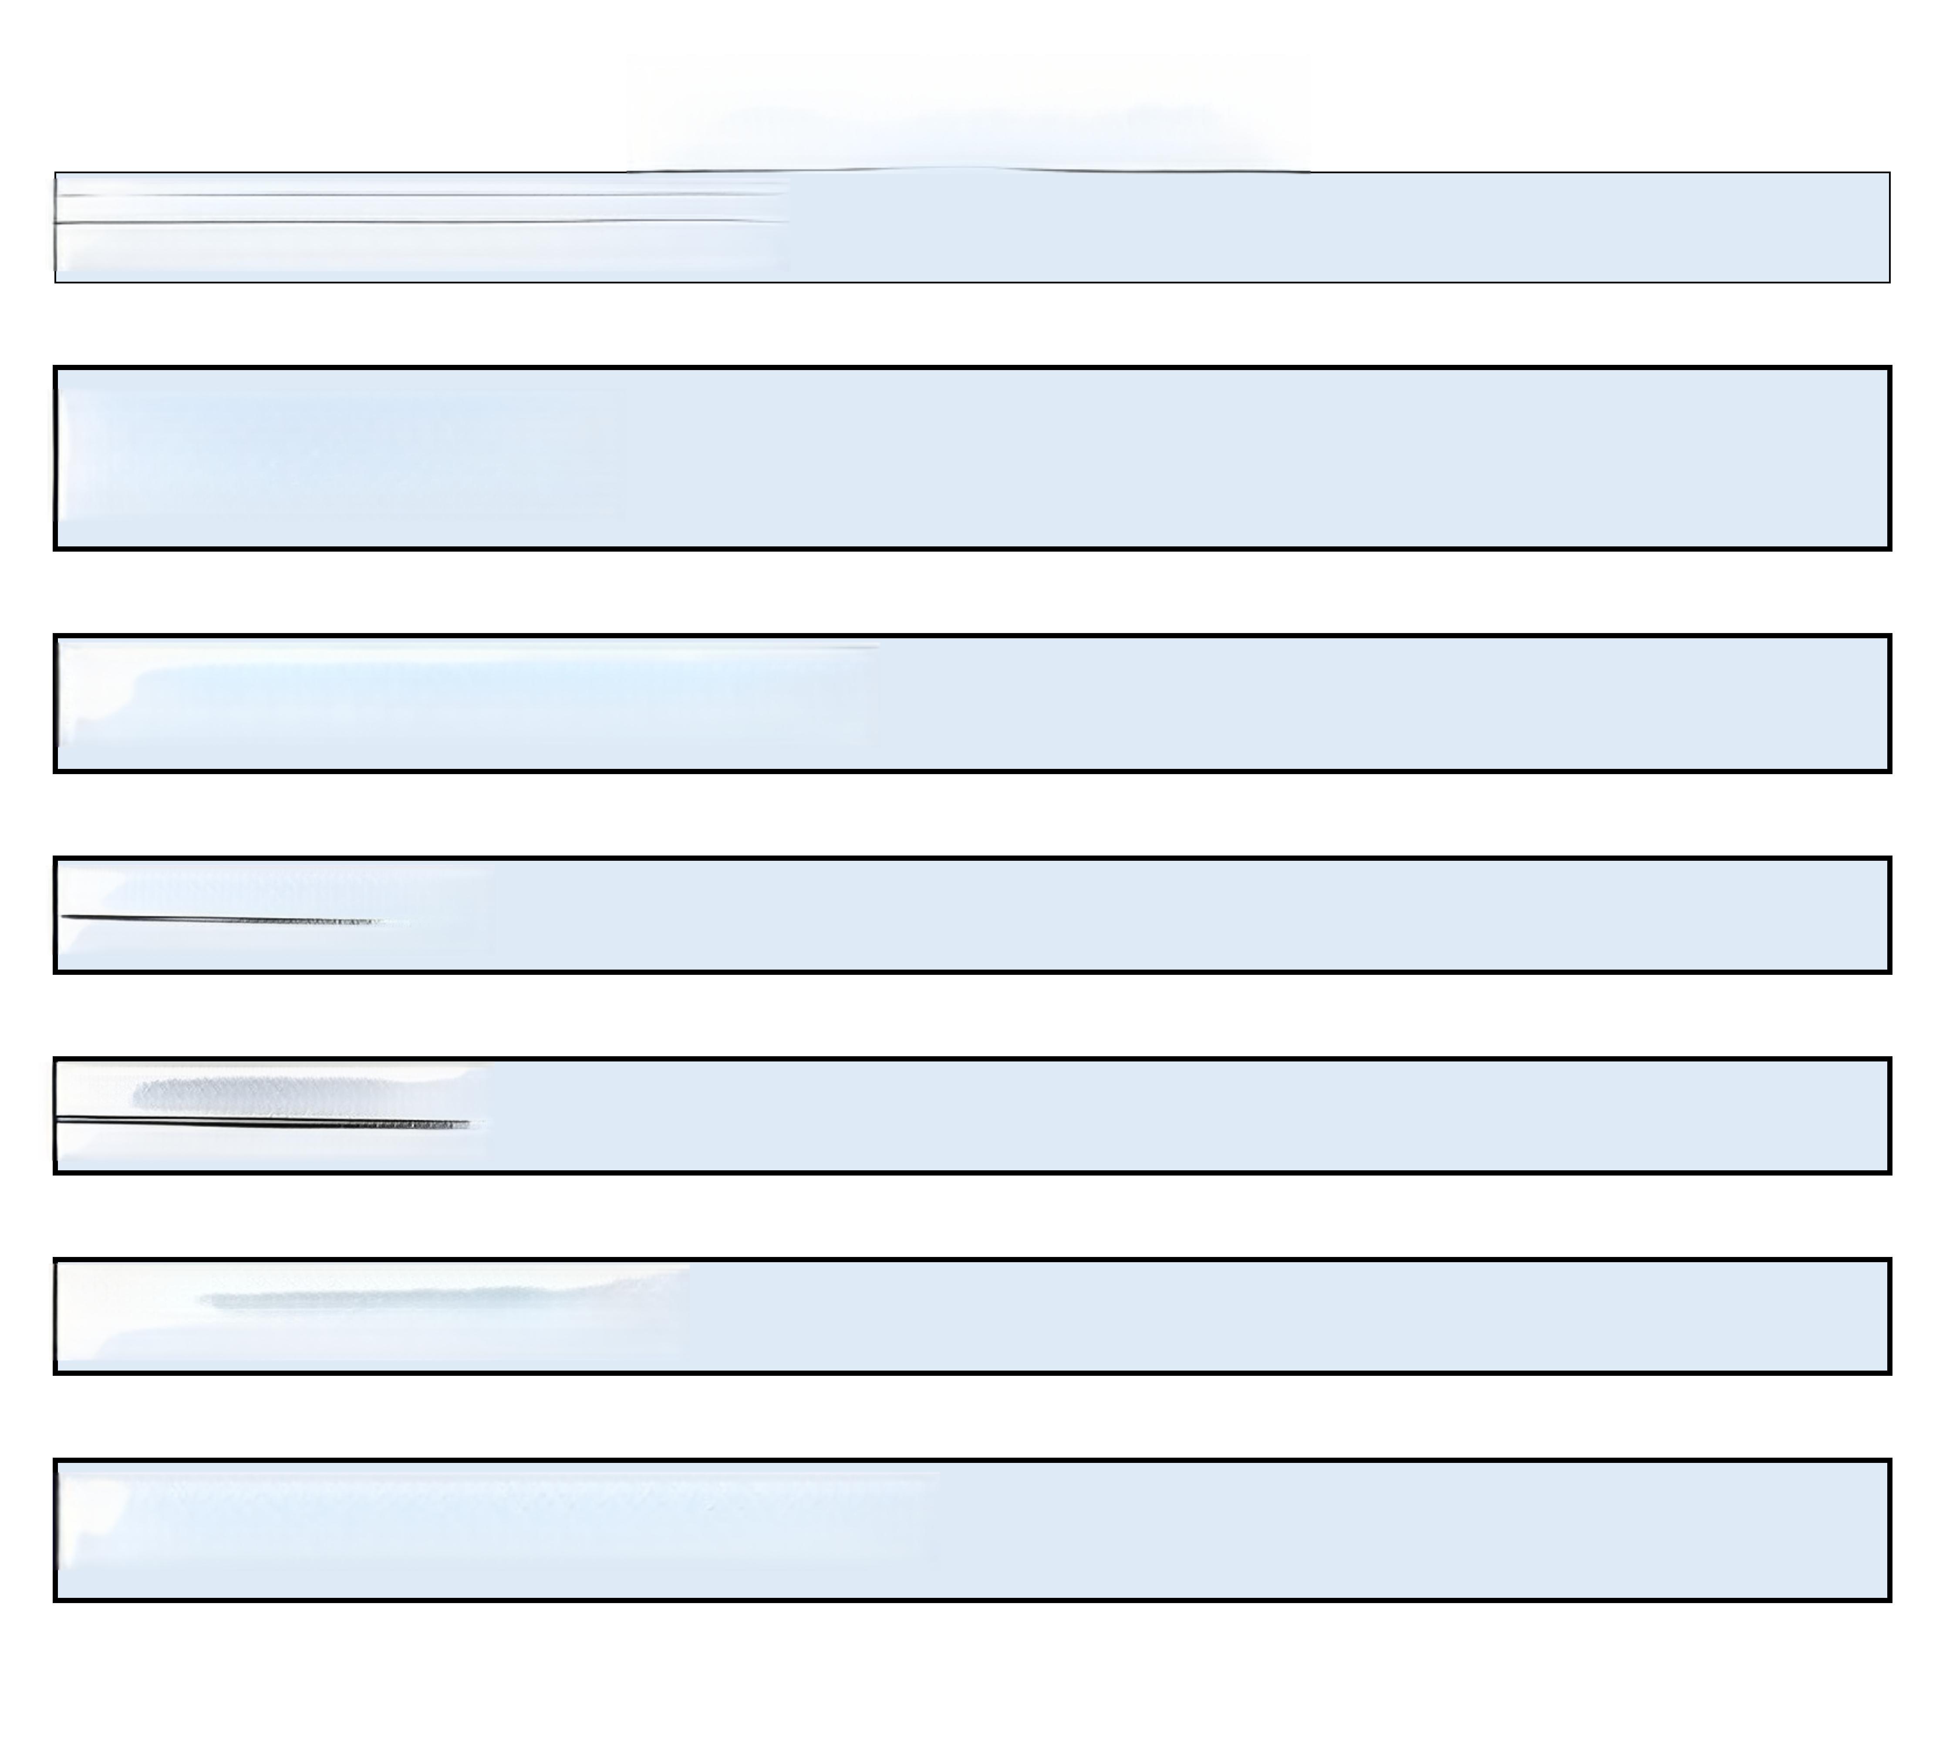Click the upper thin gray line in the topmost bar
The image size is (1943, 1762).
pyautogui.click(x=415, y=195)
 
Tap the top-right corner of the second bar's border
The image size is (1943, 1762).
pyautogui.click(x=1889, y=368)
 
